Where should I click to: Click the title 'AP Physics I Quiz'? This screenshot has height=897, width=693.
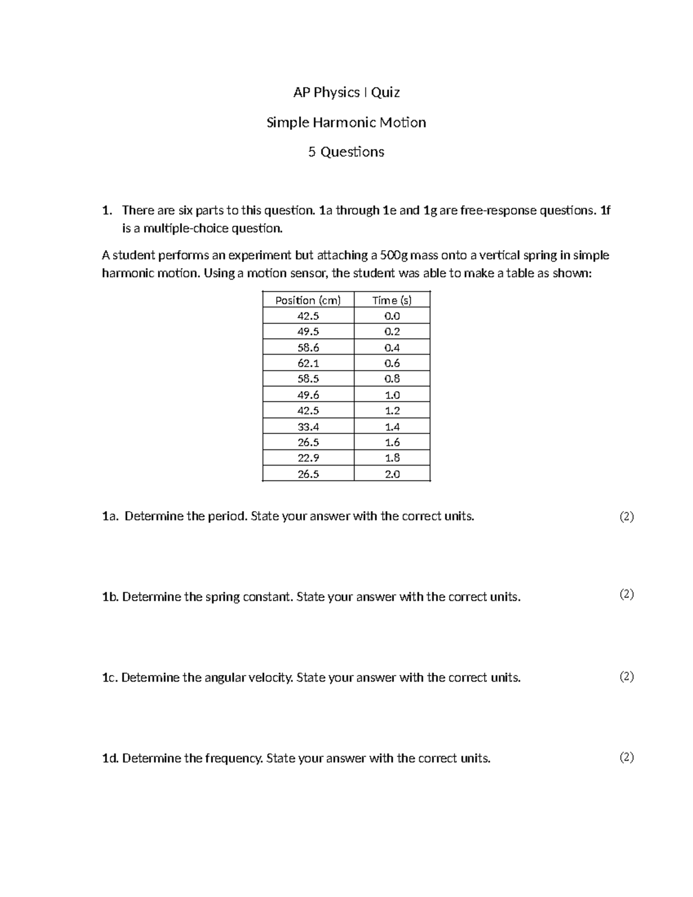pyautogui.click(x=346, y=92)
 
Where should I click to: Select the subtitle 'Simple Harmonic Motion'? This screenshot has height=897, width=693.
pyautogui.click(x=346, y=122)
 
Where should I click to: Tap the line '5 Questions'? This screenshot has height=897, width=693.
pyautogui.click(x=346, y=152)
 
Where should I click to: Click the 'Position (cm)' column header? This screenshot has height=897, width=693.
pyautogui.click(x=308, y=300)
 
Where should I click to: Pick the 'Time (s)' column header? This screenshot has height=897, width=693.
pyautogui.click(x=392, y=300)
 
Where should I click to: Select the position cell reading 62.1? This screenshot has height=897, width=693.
pyautogui.click(x=308, y=363)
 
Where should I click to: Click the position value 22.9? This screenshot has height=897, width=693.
pyautogui.click(x=308, y=458)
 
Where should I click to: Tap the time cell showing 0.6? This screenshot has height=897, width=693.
pyautogui.click(x=392, y=363)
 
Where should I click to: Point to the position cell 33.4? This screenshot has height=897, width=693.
pyautogui.click(x=308, y=427)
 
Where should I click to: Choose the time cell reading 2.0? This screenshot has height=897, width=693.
pyautogui.click(x=392, y=474)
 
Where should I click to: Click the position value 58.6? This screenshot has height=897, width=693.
pyautogui.click(x=308, y=348)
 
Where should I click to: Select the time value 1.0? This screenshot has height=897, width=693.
pyautogui.click(x=392, y=395)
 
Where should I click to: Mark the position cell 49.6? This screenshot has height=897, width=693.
pyautogui.click(x=308, y=395)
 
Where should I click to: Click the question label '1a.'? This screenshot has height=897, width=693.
pyautogui.click(x=110, y=516)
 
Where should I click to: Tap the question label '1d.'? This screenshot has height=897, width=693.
pyautogui.click(x=110, y=758)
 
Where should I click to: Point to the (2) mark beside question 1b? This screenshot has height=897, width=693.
pyautogui.click(x=627, y=594)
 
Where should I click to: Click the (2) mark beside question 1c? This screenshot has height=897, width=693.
pyautogui.click(x=627, y=676)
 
